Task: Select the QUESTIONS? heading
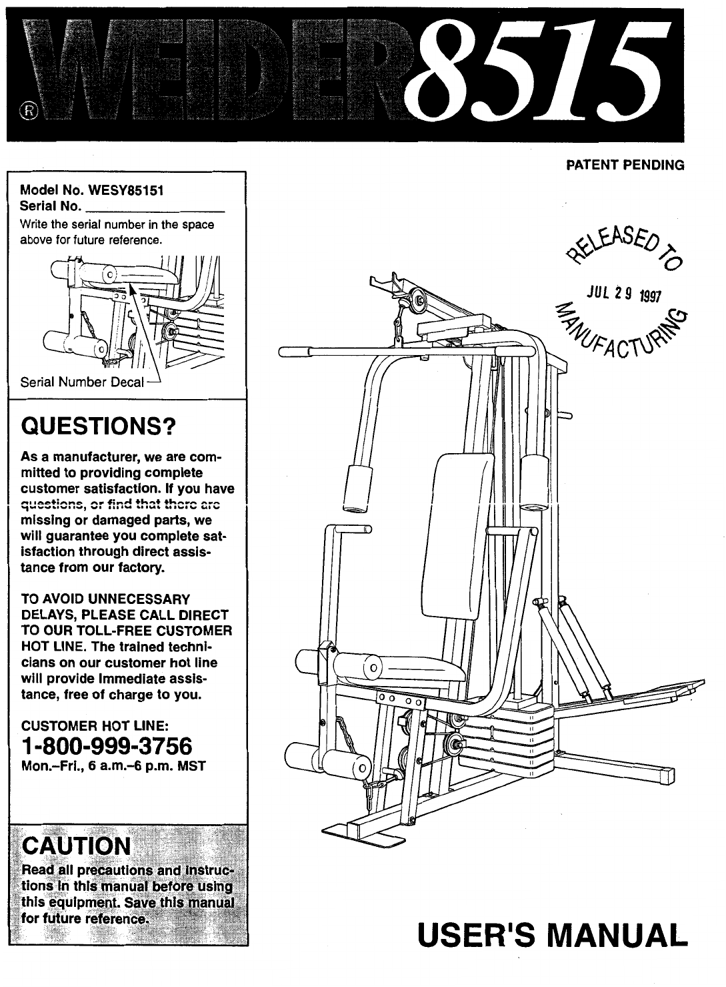click(x=97, y=425)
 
